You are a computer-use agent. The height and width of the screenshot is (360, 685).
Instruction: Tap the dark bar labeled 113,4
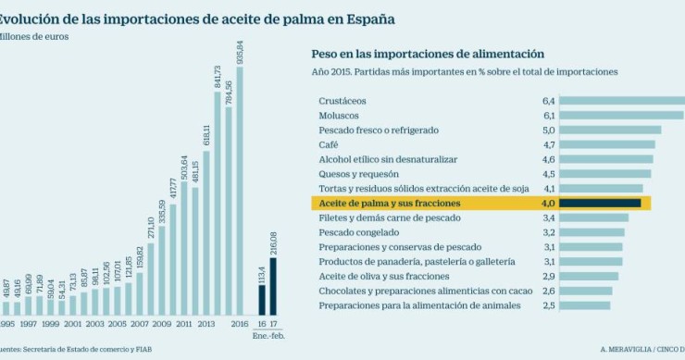261,299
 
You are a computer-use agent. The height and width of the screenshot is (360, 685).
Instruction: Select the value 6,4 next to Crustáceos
548,100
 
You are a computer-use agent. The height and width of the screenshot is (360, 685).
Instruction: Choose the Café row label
328,144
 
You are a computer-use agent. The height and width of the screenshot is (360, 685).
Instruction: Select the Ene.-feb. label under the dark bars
266,337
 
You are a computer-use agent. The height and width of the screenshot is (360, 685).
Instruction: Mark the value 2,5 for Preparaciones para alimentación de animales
548,304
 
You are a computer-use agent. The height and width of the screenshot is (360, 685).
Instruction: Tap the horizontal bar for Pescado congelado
592,232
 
